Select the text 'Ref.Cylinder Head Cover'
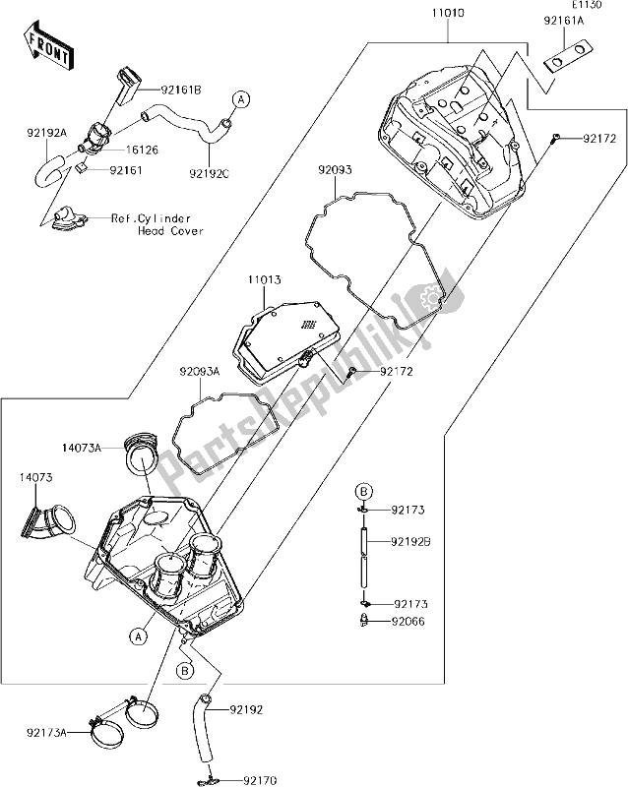[157, 224]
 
